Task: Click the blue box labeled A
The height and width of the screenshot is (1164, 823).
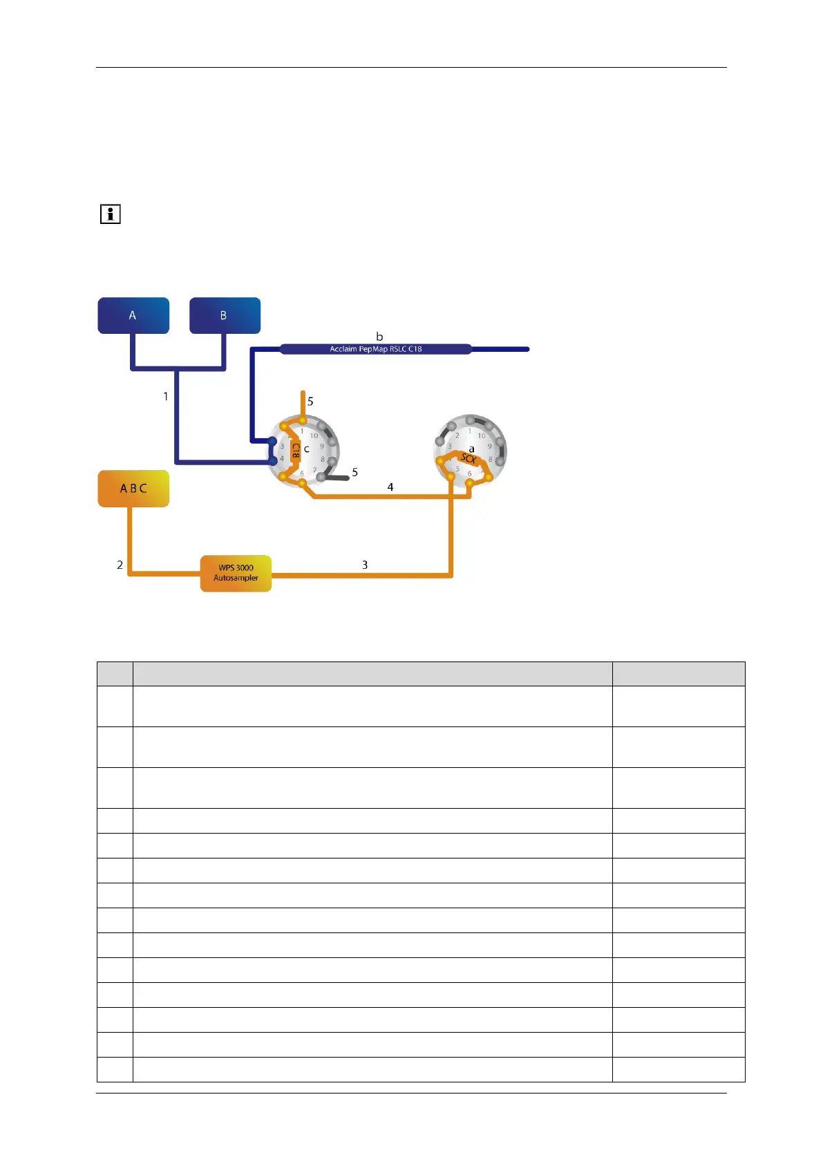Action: pos(133,316)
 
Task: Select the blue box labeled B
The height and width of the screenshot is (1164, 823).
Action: pos(225,316)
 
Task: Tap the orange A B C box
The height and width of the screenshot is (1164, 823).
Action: pos(133,489)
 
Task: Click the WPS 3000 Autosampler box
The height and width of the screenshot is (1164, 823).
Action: pos(236,573)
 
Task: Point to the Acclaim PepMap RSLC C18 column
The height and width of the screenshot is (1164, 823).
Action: pos(376,349)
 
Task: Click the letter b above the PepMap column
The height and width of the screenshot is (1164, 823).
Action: pos(379,337)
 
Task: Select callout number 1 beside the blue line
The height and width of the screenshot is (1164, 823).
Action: pos(166,396)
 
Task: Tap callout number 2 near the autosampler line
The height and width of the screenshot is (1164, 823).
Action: pos(120,565)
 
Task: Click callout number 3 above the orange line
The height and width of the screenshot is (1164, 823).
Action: pos(365,565)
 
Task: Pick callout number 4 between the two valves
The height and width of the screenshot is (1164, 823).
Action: pos(390,487)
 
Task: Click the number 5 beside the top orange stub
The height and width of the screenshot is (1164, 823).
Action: pos(310,401)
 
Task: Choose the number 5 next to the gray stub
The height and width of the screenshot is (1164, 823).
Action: pos(355,472)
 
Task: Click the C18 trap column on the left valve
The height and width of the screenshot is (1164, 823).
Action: pos(295,451)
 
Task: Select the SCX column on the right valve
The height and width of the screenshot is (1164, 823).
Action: pos(468,459)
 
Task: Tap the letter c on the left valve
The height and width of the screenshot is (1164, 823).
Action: pos(307,449)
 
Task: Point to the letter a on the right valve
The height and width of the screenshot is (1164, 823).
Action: pos(472,449)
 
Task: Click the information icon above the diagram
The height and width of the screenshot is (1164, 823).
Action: pos(111,214)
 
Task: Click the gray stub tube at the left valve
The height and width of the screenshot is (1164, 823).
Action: pos(336,477)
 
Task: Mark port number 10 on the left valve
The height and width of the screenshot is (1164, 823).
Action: pos(314,435)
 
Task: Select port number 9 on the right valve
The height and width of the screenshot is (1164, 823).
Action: pos(489,447)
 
